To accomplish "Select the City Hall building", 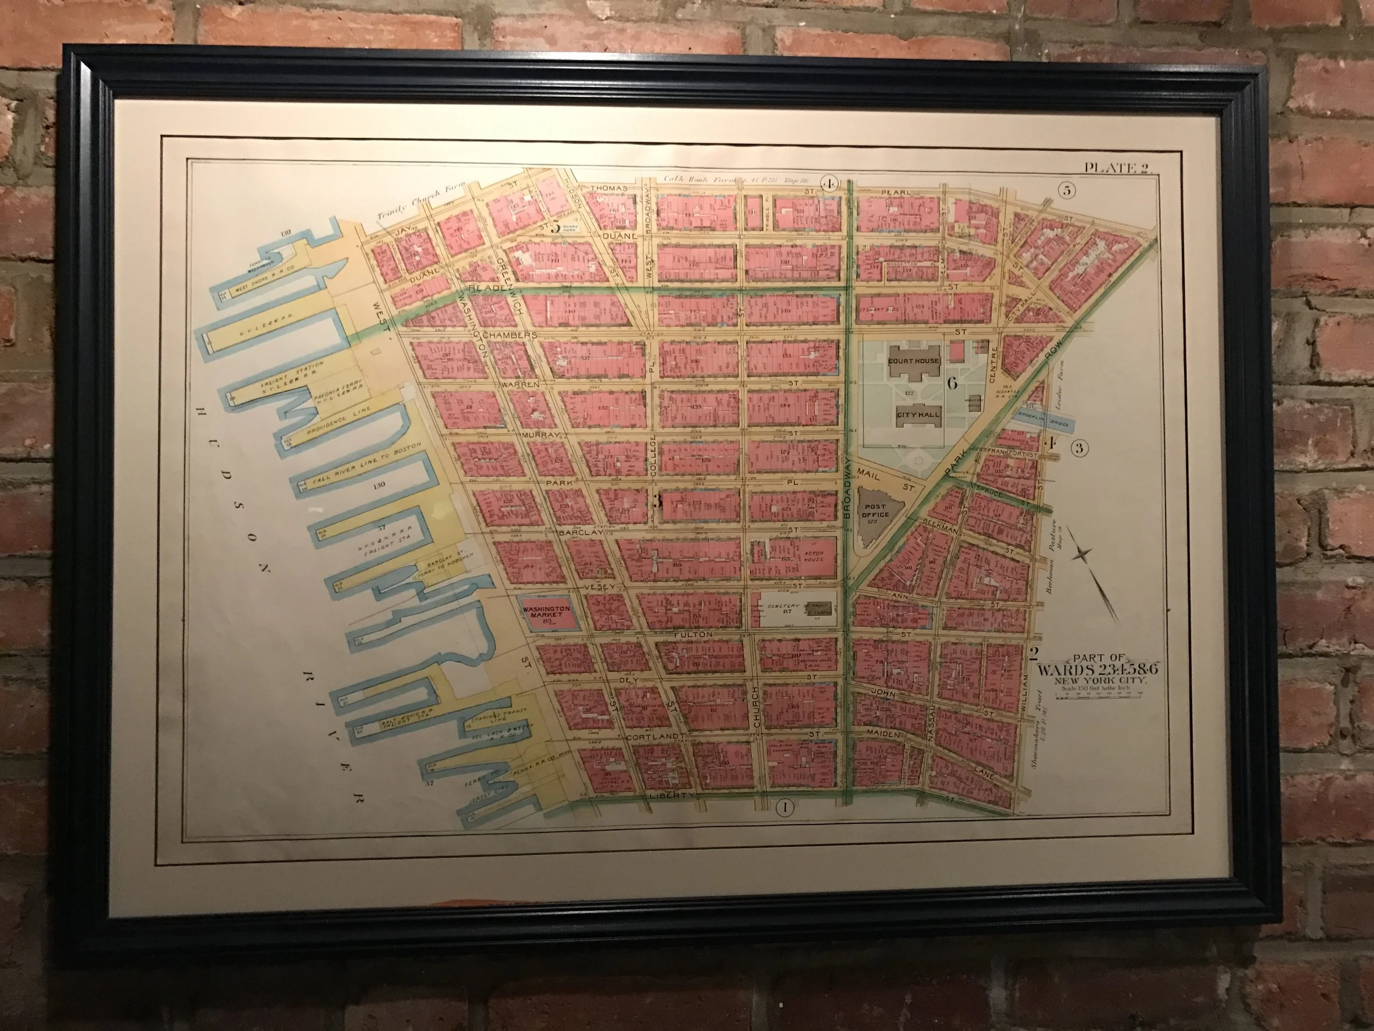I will [x=917, y=415].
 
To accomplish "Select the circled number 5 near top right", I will [x=1067, y=190].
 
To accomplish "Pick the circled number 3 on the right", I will [x=1079, y=448].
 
